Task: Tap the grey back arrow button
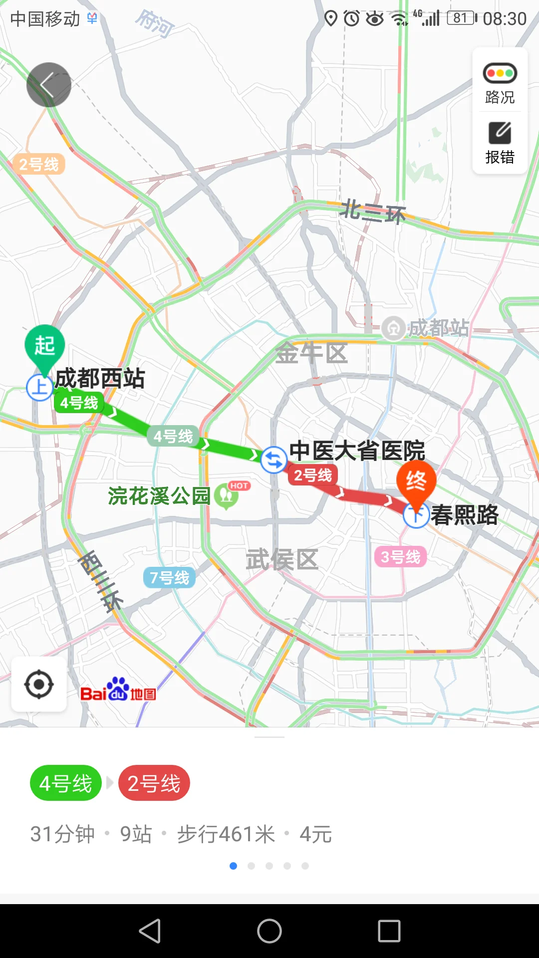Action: click(48, 85)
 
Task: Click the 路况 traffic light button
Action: click(500, 82)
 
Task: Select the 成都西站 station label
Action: click(100, 379)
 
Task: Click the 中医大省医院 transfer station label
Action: click(357, 451)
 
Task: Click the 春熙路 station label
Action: click(465, 515)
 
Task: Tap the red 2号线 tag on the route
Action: click(313, 476)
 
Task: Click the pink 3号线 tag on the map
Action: click(400, 557)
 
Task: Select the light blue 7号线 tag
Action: click(170, 578)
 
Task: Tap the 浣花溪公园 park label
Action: click(159, 496)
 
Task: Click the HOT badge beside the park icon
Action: click(239, 485)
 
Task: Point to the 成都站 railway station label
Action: click(438, 328)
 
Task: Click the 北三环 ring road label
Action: click(373, 212)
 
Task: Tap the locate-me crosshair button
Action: click(39, 685)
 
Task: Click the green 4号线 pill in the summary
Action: click(66, 783)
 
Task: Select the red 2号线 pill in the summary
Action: click(154, 783)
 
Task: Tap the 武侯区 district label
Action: click(282, 559)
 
